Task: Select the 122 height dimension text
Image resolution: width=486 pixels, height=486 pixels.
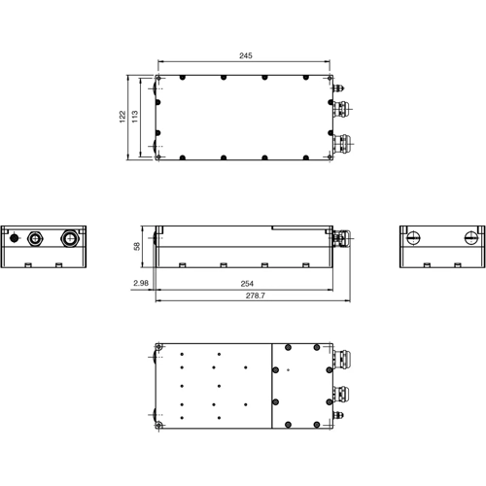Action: pyautogui.click(x=121, y=116)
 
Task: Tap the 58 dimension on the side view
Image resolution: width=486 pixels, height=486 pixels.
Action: pyautogui.click(x=138, y=246)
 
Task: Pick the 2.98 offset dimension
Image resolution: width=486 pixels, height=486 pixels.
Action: pyautogui.click(x=141, y=283)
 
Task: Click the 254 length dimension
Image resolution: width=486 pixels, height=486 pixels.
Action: pyautogui.click(x=247, y=283)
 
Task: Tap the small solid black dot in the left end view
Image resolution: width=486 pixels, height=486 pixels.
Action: pyautogui.click(x=16, y=236)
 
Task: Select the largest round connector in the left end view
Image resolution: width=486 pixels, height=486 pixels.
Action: pyautogui.click(x=70, y=236)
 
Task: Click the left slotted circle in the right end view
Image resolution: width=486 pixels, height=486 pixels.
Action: pyautogui.click(x=413, y=235)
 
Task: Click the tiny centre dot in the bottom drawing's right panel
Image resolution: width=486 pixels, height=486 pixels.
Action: pyautogui.click(x=288, y=370)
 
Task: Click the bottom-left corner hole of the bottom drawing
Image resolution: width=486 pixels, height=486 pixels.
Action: pyautogui.click(x=158, y=426)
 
